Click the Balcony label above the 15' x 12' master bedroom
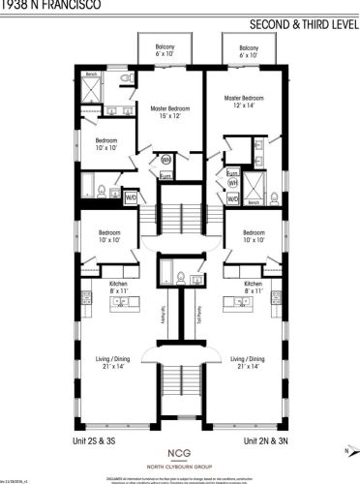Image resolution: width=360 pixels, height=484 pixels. (x=166, y=50)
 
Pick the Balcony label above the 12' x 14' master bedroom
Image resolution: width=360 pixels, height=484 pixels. (x=248, y=50)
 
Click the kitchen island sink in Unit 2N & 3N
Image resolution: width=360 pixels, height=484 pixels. (x=237, y=303)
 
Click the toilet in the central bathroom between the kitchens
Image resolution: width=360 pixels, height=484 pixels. (x=196, y=280)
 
